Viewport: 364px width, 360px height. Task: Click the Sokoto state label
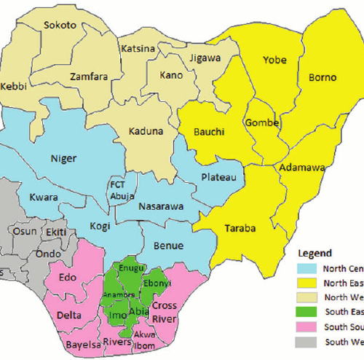coord(60,25)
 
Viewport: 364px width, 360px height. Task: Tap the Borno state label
coord(323,75)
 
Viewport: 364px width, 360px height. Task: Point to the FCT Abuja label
coord(120,189)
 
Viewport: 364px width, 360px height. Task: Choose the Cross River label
coord(165,310)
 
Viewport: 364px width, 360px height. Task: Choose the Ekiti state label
coord(55,232)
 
